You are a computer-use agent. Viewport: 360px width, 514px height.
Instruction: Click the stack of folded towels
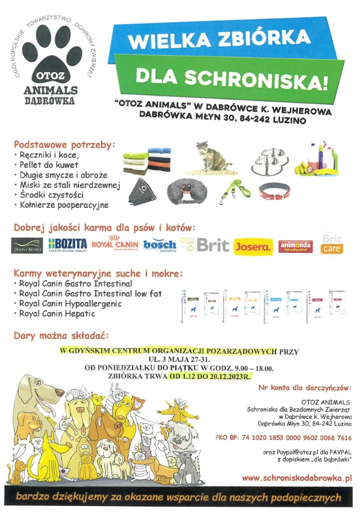click(147, 160)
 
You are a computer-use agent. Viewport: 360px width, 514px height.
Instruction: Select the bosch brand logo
click(160, 245)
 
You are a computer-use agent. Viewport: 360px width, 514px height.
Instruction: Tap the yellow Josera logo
click(253, 246)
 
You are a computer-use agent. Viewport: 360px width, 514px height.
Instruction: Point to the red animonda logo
click(295, 246)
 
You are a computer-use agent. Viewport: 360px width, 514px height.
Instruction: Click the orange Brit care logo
click(332, 245)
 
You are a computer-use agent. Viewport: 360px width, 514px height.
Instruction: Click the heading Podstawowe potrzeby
click(64, 144)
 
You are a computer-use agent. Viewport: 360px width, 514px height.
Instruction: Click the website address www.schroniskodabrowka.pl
click(297, 477)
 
